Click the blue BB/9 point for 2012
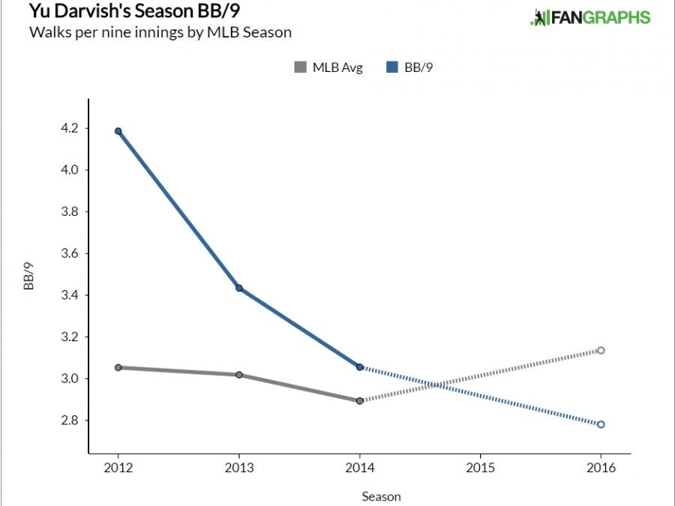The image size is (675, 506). coord(118,131)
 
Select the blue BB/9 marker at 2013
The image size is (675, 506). coord(238,288)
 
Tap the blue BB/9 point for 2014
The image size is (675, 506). coord(360,367)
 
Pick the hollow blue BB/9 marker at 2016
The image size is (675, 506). coord(601,424)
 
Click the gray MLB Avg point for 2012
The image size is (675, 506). coord(118,367)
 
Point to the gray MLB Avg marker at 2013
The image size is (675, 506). coord(238,375)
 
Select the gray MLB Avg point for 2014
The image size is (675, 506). coord(360,401)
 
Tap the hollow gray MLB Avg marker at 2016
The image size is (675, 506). coord(601,350)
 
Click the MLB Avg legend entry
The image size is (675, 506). coord(328,68)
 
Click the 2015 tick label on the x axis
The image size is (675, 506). coord(480,468)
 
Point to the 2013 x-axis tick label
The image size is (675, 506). coord(238,468)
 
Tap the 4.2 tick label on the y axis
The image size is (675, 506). coord(69,128)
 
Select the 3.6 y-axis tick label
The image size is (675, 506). coord(69,253)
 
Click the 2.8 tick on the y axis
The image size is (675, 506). coord(69,421)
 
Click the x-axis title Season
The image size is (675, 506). coord(381,496)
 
